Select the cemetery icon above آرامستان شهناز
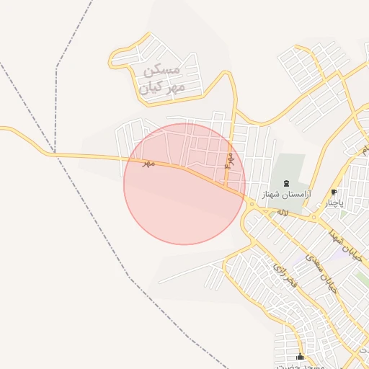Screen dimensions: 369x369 287,184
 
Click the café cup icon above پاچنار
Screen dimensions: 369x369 334,192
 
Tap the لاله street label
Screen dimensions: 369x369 283,213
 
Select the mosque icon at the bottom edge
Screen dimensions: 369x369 300,357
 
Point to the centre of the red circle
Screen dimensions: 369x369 184,184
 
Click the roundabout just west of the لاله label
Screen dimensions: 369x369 252,205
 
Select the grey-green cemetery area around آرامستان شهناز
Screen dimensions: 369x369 288,169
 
